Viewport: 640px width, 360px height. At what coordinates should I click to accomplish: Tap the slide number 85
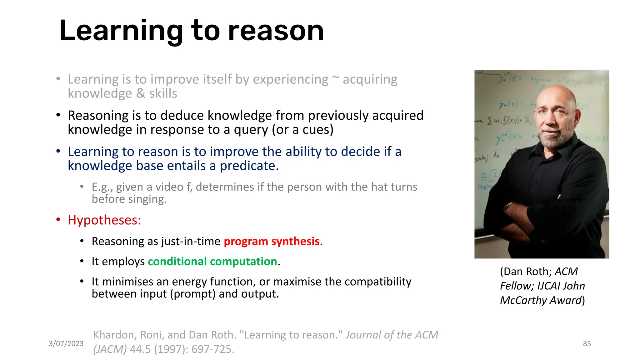tap(587, 343)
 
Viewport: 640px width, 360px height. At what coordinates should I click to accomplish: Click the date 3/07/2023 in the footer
tap(66, 343)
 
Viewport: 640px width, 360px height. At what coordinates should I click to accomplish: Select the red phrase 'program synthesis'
tap(271, 241)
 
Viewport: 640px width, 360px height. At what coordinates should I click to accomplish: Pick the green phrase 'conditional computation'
tap(212, 261)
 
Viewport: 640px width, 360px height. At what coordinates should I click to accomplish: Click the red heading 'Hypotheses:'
tap(104, 220)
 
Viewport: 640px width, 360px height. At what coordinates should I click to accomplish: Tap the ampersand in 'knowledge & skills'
tap(141, 93)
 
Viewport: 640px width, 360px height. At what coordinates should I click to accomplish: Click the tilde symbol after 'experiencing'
tap(335, 78)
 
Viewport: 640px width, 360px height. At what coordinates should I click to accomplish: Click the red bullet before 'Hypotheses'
tap(58, 220)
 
